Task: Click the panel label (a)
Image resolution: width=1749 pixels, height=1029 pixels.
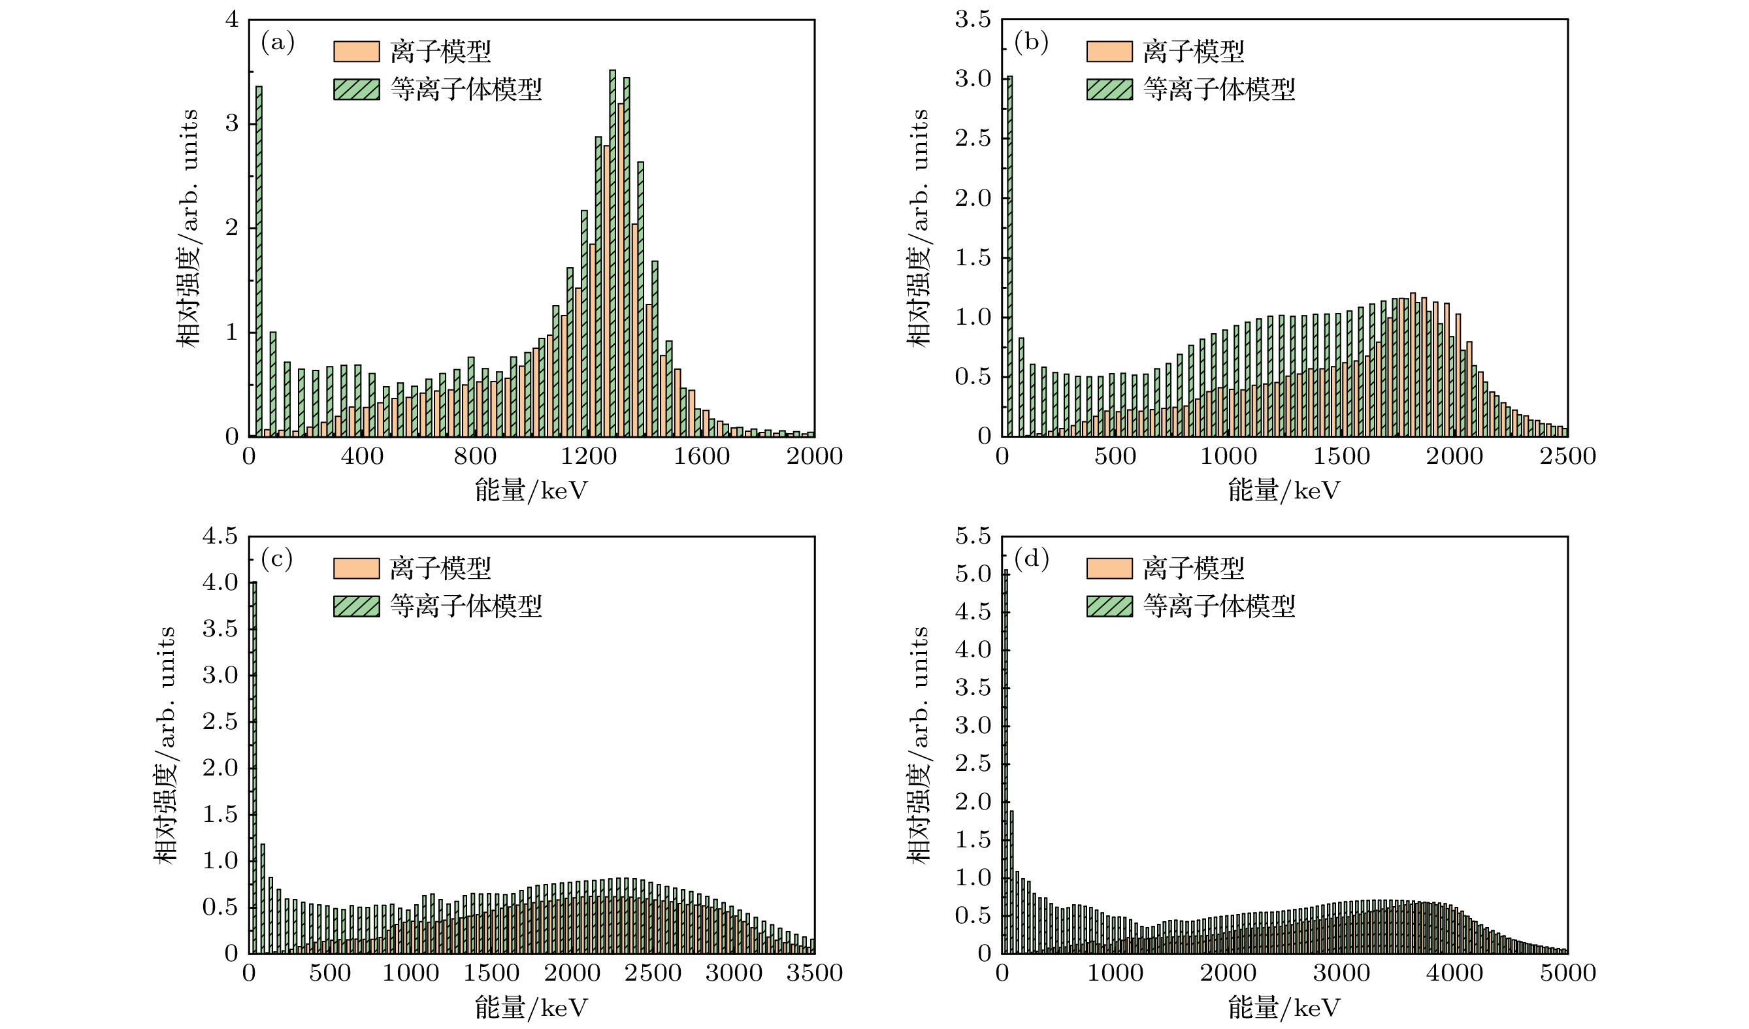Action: (x=278, y=43)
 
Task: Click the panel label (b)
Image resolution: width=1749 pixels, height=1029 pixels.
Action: (x=1031, y=43)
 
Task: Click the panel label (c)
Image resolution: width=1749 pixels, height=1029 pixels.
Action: (x=277, y=559)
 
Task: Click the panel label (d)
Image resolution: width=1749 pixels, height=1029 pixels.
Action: (x=1031, y=559)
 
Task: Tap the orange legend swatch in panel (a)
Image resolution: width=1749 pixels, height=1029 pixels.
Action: (x=356, y=52)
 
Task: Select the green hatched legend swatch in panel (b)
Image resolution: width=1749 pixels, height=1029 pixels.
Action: (x=1109, y=90)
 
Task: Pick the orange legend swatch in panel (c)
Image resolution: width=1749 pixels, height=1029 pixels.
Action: (x=356, y=568)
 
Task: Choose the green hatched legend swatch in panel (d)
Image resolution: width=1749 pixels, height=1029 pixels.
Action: (x=1109, y=606)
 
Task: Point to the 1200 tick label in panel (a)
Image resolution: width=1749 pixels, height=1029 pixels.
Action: (x=588, y=457)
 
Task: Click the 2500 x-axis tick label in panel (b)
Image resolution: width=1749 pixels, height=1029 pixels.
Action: (x=1567, y=457)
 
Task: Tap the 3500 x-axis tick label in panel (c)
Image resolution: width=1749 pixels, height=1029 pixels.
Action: (x=814, y=973)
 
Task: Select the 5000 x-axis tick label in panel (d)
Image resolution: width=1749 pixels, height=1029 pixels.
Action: (x=1567, y=973)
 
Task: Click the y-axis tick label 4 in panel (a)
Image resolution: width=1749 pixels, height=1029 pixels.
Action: (x=232, y=20)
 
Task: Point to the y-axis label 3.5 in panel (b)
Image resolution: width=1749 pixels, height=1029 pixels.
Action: (x=973, y=20)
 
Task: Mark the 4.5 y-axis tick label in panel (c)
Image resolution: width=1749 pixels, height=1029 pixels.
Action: (x=220, y=536)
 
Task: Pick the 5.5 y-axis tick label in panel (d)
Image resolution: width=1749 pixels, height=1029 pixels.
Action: (x=973, y=536)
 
